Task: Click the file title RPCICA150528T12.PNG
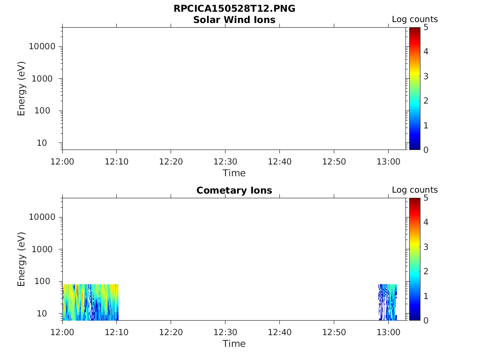click(x=234, y=9)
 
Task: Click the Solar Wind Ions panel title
click(x=234, y=20)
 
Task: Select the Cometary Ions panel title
click(x=234, y=190)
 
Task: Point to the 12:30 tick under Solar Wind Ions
click(x=225, y=162)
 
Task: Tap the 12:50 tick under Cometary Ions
click(x=334, y=332)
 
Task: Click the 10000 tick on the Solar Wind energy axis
click(x=43, y=46)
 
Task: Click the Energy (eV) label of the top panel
click(x=22, y=89)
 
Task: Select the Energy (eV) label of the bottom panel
click(x=22, y=259)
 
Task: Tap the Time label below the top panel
click(x=234, y=173)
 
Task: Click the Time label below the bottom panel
click(x=234, y=344)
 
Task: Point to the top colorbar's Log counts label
click(x=414, y=19)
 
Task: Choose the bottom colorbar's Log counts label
click(x=414, y=190)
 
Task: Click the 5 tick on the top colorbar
click(x=426, y=27)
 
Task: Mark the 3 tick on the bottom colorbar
click(x=426, y=247)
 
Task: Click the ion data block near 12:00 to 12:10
click(x=90, y=302)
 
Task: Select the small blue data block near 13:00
click(x=387, y=302)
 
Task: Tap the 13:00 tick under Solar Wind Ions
click(x=388, y=162)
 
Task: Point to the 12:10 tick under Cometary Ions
click(x=117, y=332)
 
